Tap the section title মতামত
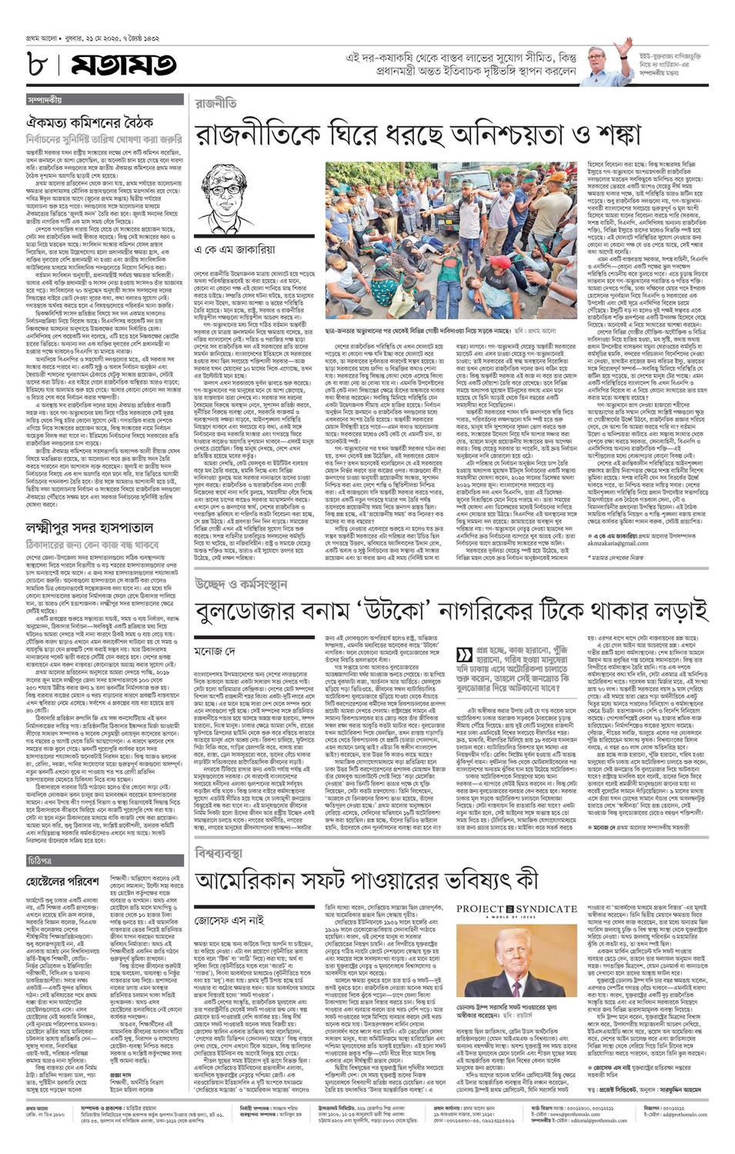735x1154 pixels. (123, 65)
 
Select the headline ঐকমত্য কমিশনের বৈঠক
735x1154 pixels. (89, 122)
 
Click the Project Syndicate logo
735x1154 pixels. (516, 910)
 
